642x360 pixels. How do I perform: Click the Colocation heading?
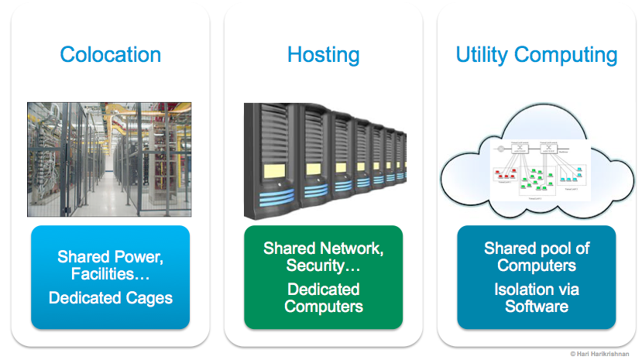coord(111,55)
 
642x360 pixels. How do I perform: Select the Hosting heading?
coord(323,55)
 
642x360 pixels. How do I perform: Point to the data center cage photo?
coord(110,159)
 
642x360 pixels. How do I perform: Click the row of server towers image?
coord(324,159)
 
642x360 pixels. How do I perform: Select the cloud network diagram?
coord(536,166)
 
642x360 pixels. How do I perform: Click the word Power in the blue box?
coord(140,256)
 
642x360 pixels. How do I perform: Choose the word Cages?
coord(150,297)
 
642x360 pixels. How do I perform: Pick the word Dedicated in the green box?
coord(323,289)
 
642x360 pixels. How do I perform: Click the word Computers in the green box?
coord(323,306)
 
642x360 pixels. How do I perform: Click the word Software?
coord(537,307)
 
